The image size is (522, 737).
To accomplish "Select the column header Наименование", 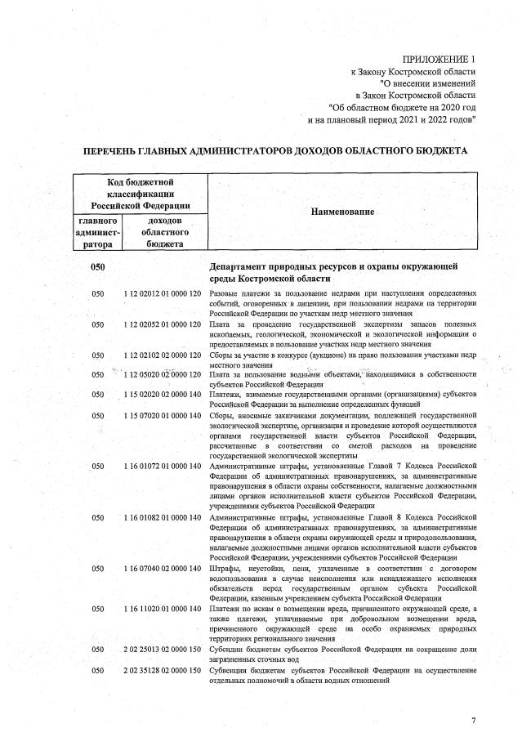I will (342, 212).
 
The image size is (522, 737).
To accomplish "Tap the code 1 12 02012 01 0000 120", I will (163, 293).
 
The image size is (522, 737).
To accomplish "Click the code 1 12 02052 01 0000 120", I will (163, 324).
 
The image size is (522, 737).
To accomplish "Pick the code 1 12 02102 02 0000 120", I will (163, 355).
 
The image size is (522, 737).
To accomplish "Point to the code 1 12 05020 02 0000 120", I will (163, 374).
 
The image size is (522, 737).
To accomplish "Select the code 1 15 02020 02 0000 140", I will (163, 395).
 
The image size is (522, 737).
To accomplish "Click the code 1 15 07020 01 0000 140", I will (163, 416).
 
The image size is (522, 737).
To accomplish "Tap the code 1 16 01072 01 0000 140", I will (163, 466).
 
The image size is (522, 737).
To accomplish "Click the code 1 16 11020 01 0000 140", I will (163, 609).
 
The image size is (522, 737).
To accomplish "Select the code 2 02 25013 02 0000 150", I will (163, 650).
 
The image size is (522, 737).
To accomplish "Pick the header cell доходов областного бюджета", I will (163, 232).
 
